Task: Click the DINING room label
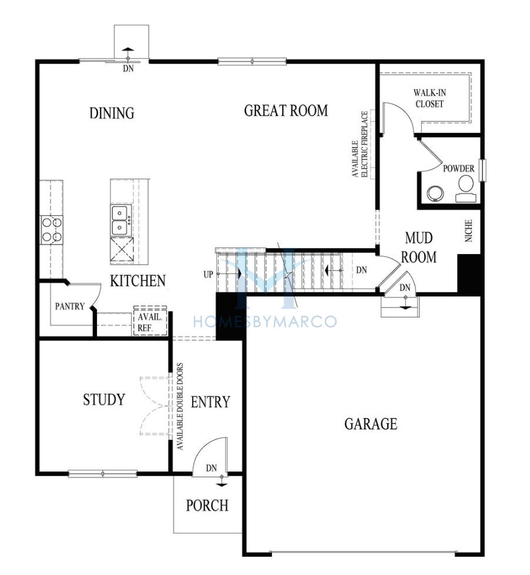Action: click(x=112, y=113)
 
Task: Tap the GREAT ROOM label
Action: click(x=286, y=111)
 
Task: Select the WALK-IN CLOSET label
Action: click(x=430, y=98)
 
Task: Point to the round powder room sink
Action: click(x=435, y=193)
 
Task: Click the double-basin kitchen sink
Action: click(x=121, y=220)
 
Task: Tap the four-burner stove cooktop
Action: click(x=51, y=230)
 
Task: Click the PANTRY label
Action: click(x=70, y=306)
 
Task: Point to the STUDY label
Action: click(x=104, y=399)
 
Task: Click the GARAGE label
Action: click(x=371, y=424)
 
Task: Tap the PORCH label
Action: click(x=207, y=505)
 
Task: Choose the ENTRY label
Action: click(x=210, y=402)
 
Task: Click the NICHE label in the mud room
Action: click(x=468, y=230)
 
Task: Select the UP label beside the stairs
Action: click(x=208, y=275)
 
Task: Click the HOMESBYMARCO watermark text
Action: click(x=264, y=322)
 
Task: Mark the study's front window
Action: click(x=103, y=473)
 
